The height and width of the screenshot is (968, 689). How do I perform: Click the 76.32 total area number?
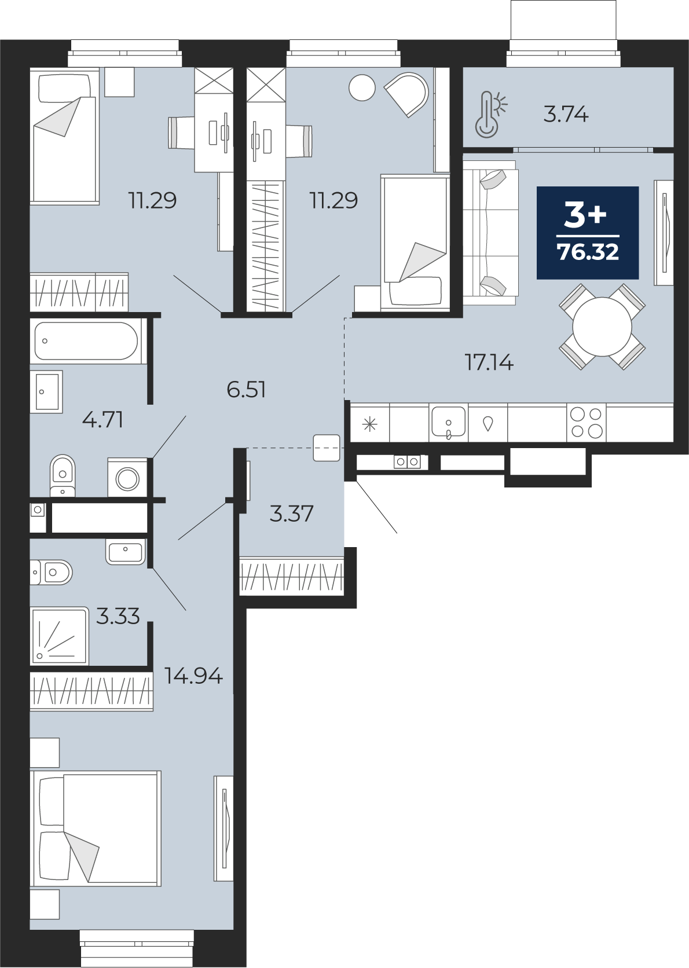click(x=588, y=252)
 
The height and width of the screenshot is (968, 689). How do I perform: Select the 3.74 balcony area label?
click(x=566, y=115)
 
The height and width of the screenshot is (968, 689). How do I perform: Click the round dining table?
click(x=602, y=327)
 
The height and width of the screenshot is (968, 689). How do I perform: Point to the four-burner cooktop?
click(x=586, y=423)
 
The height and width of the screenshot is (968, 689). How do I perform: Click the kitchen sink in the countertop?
click(x=449, y=423)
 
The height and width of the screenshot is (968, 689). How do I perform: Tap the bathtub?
click(x=86, y=341)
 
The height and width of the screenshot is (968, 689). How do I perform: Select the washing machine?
click(x=127, y=478)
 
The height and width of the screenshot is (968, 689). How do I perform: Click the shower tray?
click(x=59, y=636)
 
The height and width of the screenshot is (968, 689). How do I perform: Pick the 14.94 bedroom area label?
click(x=193, y=676)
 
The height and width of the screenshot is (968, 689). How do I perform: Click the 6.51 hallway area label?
click(x=247, y=390)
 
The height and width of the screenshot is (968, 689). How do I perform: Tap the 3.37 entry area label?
click(x=291, y=514)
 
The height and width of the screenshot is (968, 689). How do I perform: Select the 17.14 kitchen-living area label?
click(x=489, y=362)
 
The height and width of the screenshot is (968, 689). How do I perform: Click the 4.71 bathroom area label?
click(x=103, y=420)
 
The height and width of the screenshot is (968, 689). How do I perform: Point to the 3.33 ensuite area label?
click(x=118, y=616)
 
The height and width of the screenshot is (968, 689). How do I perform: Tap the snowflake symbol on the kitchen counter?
click(x=369, y=425)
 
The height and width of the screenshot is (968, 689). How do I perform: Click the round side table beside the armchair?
click(x=362, y=88)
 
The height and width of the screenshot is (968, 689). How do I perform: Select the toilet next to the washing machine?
click(x=63, y=475)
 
